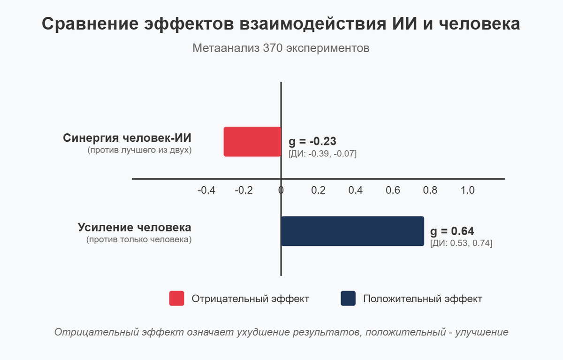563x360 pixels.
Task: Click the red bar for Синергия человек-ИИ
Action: click(252, 141)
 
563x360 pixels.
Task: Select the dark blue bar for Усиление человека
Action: click(352, 231)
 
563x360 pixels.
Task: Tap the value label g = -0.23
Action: click(312, 142)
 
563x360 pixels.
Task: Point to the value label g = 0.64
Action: click(452, 231)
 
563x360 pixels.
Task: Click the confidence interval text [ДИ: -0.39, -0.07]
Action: click(323, 153)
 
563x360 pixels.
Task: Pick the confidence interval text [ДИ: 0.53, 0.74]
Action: click(461, 243)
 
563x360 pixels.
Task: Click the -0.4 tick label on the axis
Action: click(206, 191)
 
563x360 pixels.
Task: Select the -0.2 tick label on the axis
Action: click(244, 191)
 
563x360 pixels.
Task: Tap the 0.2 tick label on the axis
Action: click(318, 191)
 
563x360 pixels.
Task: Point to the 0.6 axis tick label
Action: click(393, 191)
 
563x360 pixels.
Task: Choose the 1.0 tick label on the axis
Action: click(467, 191)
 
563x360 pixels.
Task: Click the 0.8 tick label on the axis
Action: click(430, 191)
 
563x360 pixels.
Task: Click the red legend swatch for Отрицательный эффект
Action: click(177, 299)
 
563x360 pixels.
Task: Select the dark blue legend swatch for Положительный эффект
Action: click(348, 299)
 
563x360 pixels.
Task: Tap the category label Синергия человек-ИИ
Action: click(127, 138)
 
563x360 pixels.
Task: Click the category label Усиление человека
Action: click(134, 228)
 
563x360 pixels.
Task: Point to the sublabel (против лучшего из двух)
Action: click(139, 151)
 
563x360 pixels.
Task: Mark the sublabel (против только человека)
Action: click(139, 240)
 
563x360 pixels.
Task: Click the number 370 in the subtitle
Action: click(273, 48)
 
